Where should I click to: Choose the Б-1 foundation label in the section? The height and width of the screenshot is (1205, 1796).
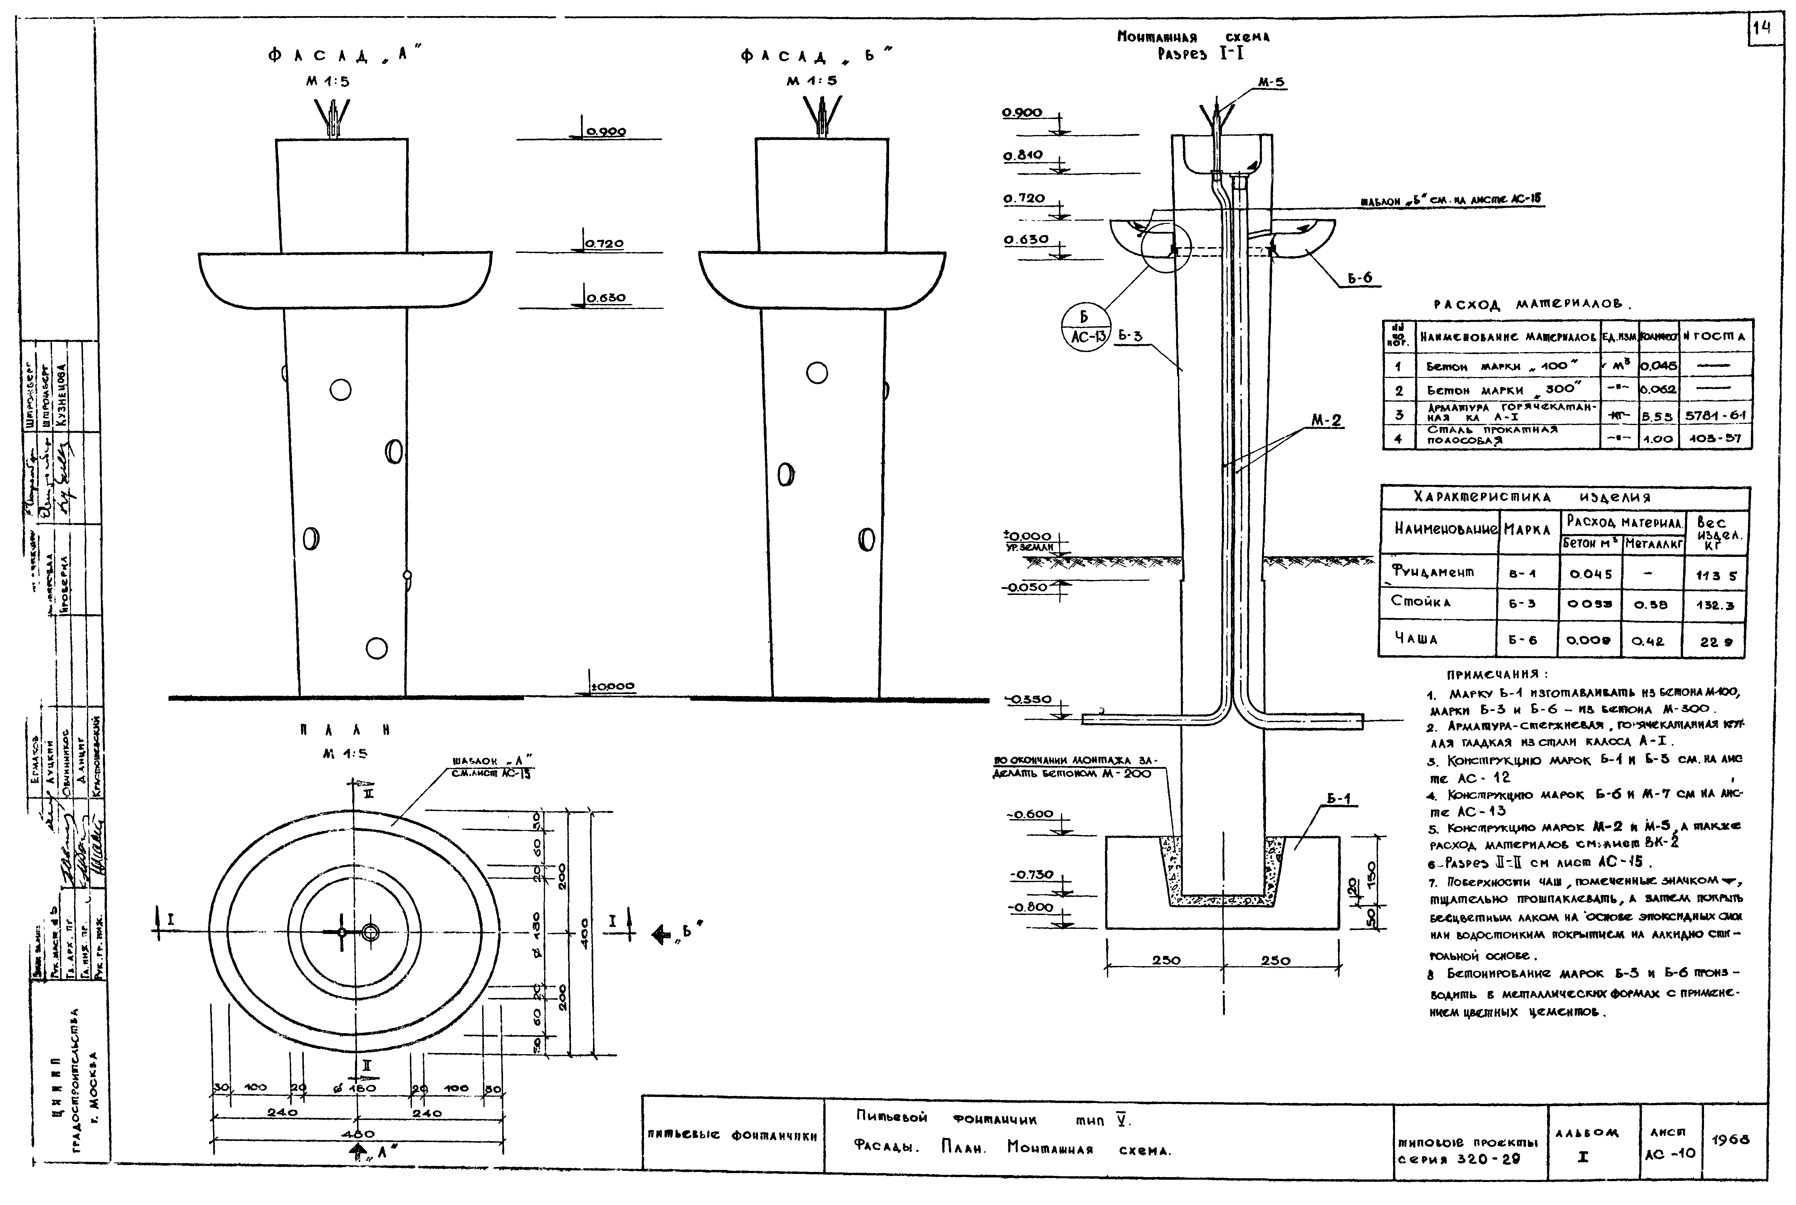(1338, 799)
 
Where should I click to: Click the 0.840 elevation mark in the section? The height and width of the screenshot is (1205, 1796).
(1023, 155)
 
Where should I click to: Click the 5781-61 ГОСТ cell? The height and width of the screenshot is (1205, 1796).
(1715, 415)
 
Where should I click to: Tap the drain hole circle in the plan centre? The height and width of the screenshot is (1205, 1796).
(371, 933)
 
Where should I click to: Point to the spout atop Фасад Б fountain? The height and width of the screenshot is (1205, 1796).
(822, 115)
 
